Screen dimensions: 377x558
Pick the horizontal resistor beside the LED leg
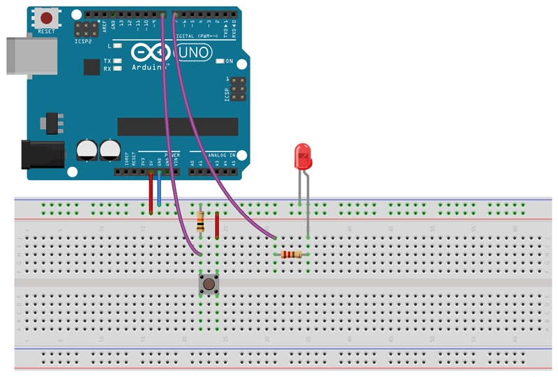[x=292, y=255]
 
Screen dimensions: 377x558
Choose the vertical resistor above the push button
[x=201, y=221]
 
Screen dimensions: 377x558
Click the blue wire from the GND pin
[x=159, y=187]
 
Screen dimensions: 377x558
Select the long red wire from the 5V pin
[x=151, y=190]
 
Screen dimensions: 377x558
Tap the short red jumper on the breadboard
[x=217, y=226]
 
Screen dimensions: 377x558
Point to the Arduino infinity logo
[x=149, y=54]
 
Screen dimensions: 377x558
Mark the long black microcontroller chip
[x=177, y=126]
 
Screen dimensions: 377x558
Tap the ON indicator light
[x=220, y=61]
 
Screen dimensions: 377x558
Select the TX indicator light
[x=117, y=61]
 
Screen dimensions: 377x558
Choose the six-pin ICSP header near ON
[x=238, y=89]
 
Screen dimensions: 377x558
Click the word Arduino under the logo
[x=149, y=68]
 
